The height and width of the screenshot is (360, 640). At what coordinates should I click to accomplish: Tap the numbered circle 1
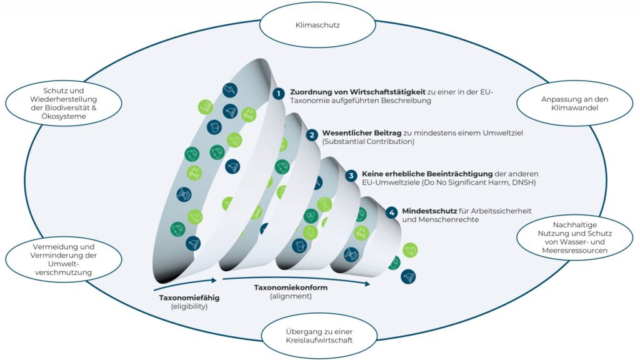point(279,94)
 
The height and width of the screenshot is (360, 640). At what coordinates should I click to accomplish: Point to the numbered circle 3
point(352,176)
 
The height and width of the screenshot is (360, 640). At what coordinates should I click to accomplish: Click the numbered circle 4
point(391,212)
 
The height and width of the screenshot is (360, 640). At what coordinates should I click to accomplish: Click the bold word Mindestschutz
point(425,211)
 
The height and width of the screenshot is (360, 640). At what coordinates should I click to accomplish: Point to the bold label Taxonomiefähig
point(189,297)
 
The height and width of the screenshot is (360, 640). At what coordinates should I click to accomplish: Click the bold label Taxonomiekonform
point(291,287)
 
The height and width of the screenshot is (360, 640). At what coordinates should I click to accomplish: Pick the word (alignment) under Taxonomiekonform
point(291,296)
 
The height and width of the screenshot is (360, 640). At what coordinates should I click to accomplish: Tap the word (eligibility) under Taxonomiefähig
point(189,307)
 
